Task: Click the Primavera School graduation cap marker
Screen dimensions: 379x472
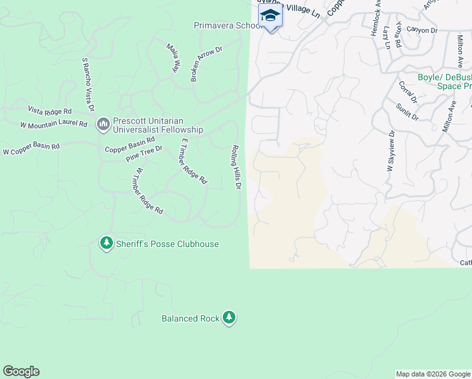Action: pos(270,16)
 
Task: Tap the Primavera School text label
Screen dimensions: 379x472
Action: pos(228,26)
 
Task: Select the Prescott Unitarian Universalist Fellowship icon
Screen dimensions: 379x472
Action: pos(103,124)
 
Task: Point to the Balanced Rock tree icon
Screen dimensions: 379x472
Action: pos(230,318)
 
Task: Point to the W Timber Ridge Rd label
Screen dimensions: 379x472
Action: pos(148,191)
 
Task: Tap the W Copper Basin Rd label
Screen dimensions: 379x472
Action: pos(31,149)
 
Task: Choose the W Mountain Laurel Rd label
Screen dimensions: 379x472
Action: pos(54,124)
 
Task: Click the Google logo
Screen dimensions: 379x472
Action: pos(21,371)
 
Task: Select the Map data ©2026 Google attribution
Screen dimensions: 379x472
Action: pos(432,374)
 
